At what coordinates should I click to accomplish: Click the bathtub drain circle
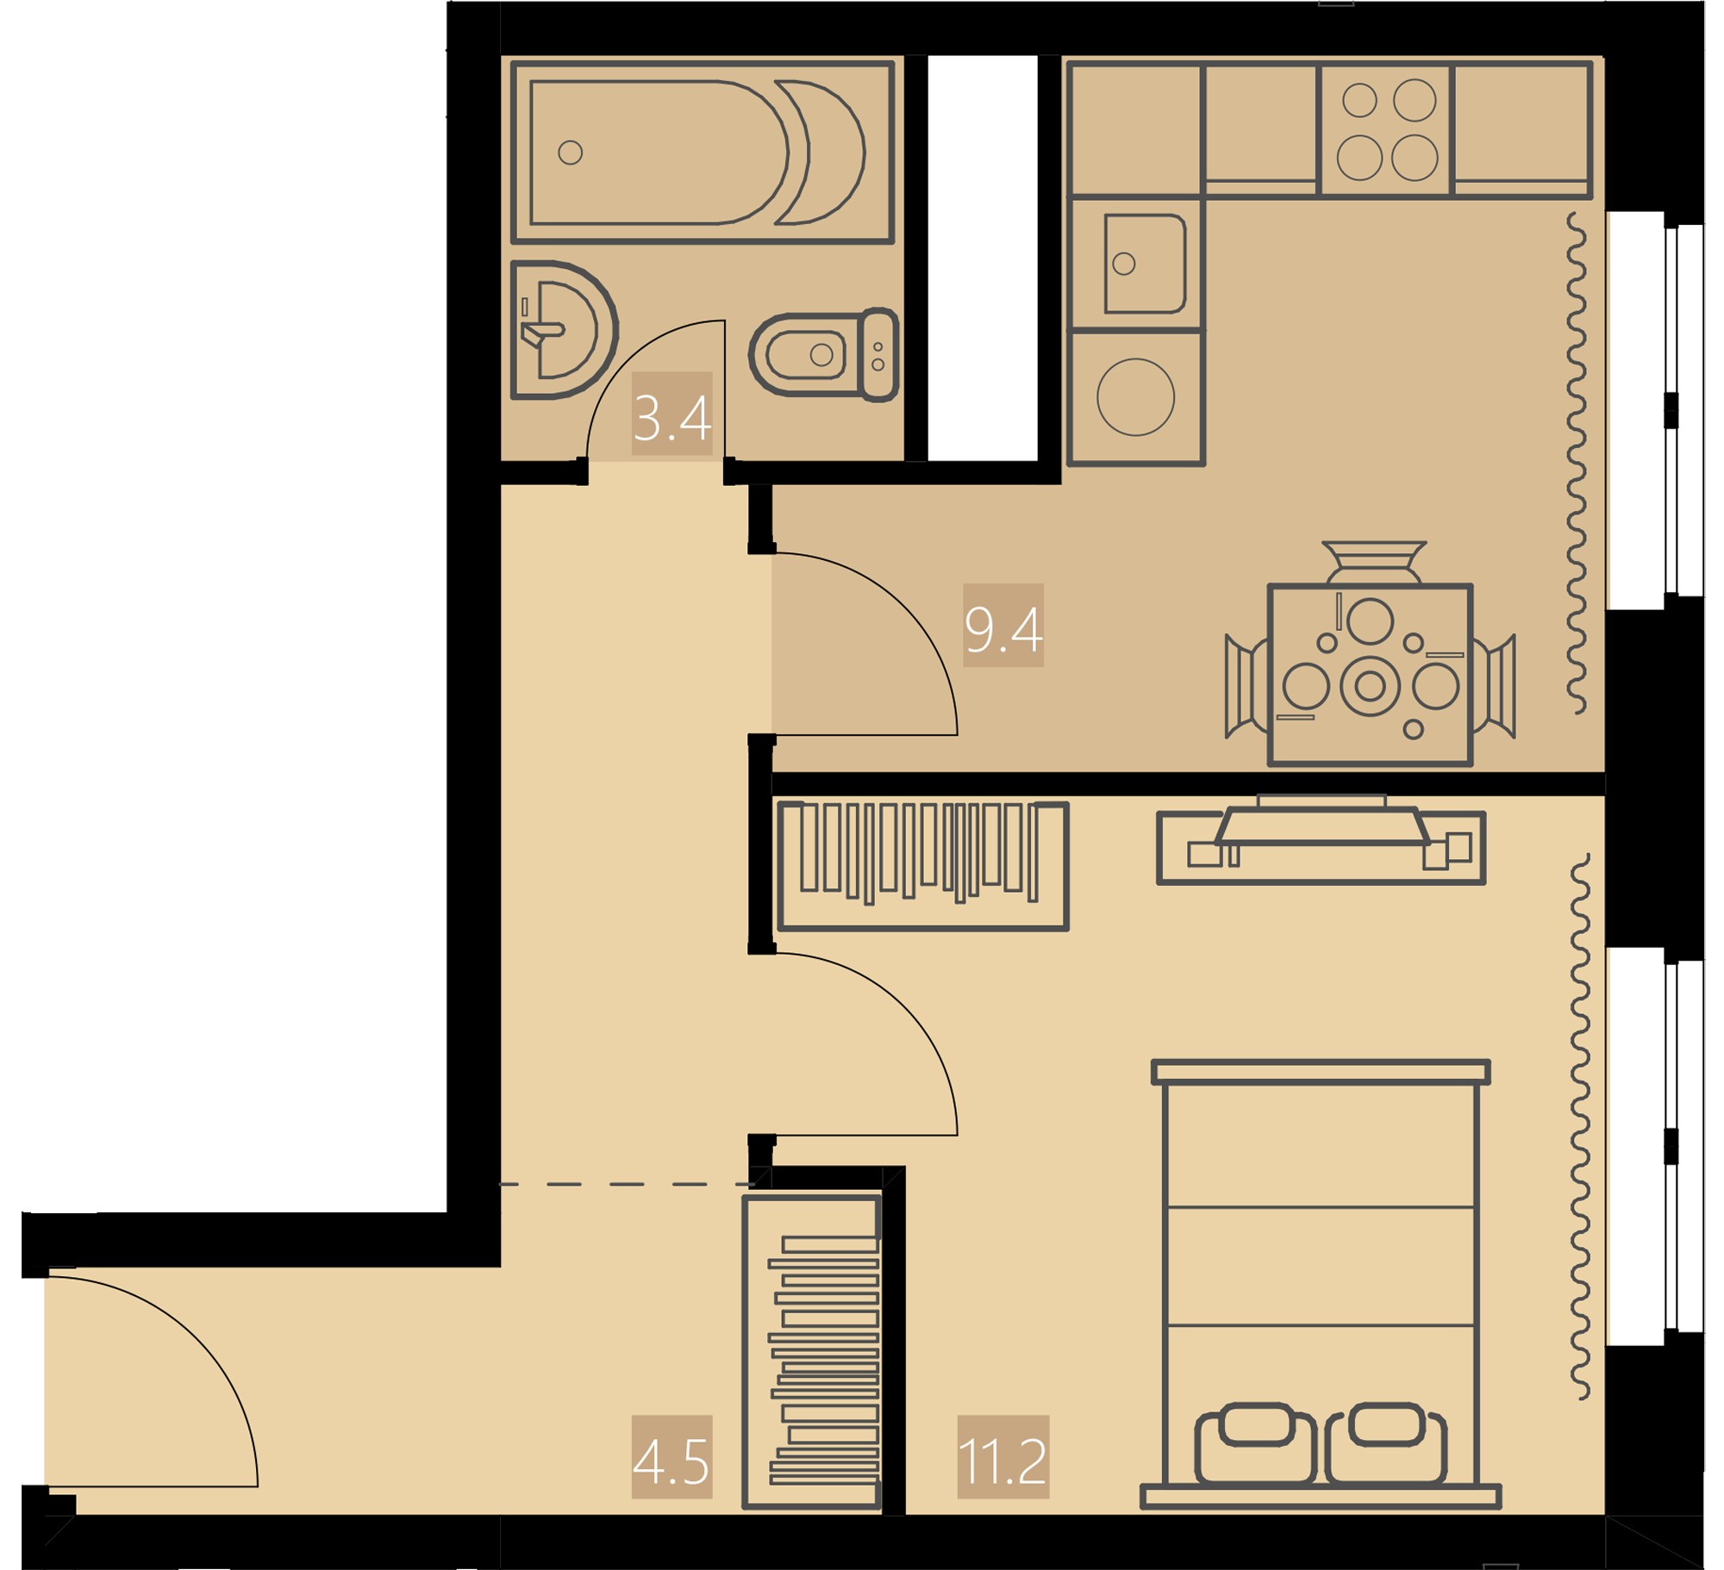click(571, 153)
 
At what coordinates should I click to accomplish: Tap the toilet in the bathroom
click(824, 353)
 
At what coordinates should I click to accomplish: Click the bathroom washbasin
click(564, 330)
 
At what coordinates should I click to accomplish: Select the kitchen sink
click(1145, 264)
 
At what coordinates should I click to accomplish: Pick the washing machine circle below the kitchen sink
click(1136, 397)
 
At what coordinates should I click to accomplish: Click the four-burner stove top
click(1386, 129)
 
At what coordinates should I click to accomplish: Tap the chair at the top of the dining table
click(1374, 563)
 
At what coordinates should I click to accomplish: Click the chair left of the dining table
click(1246, 687)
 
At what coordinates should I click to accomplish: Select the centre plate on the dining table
click(1371, 686)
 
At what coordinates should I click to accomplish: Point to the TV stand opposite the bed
click(1321, 846)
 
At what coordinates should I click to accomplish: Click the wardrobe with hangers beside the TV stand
click(923, 866)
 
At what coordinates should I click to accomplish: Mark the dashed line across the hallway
click(628, 1185)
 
